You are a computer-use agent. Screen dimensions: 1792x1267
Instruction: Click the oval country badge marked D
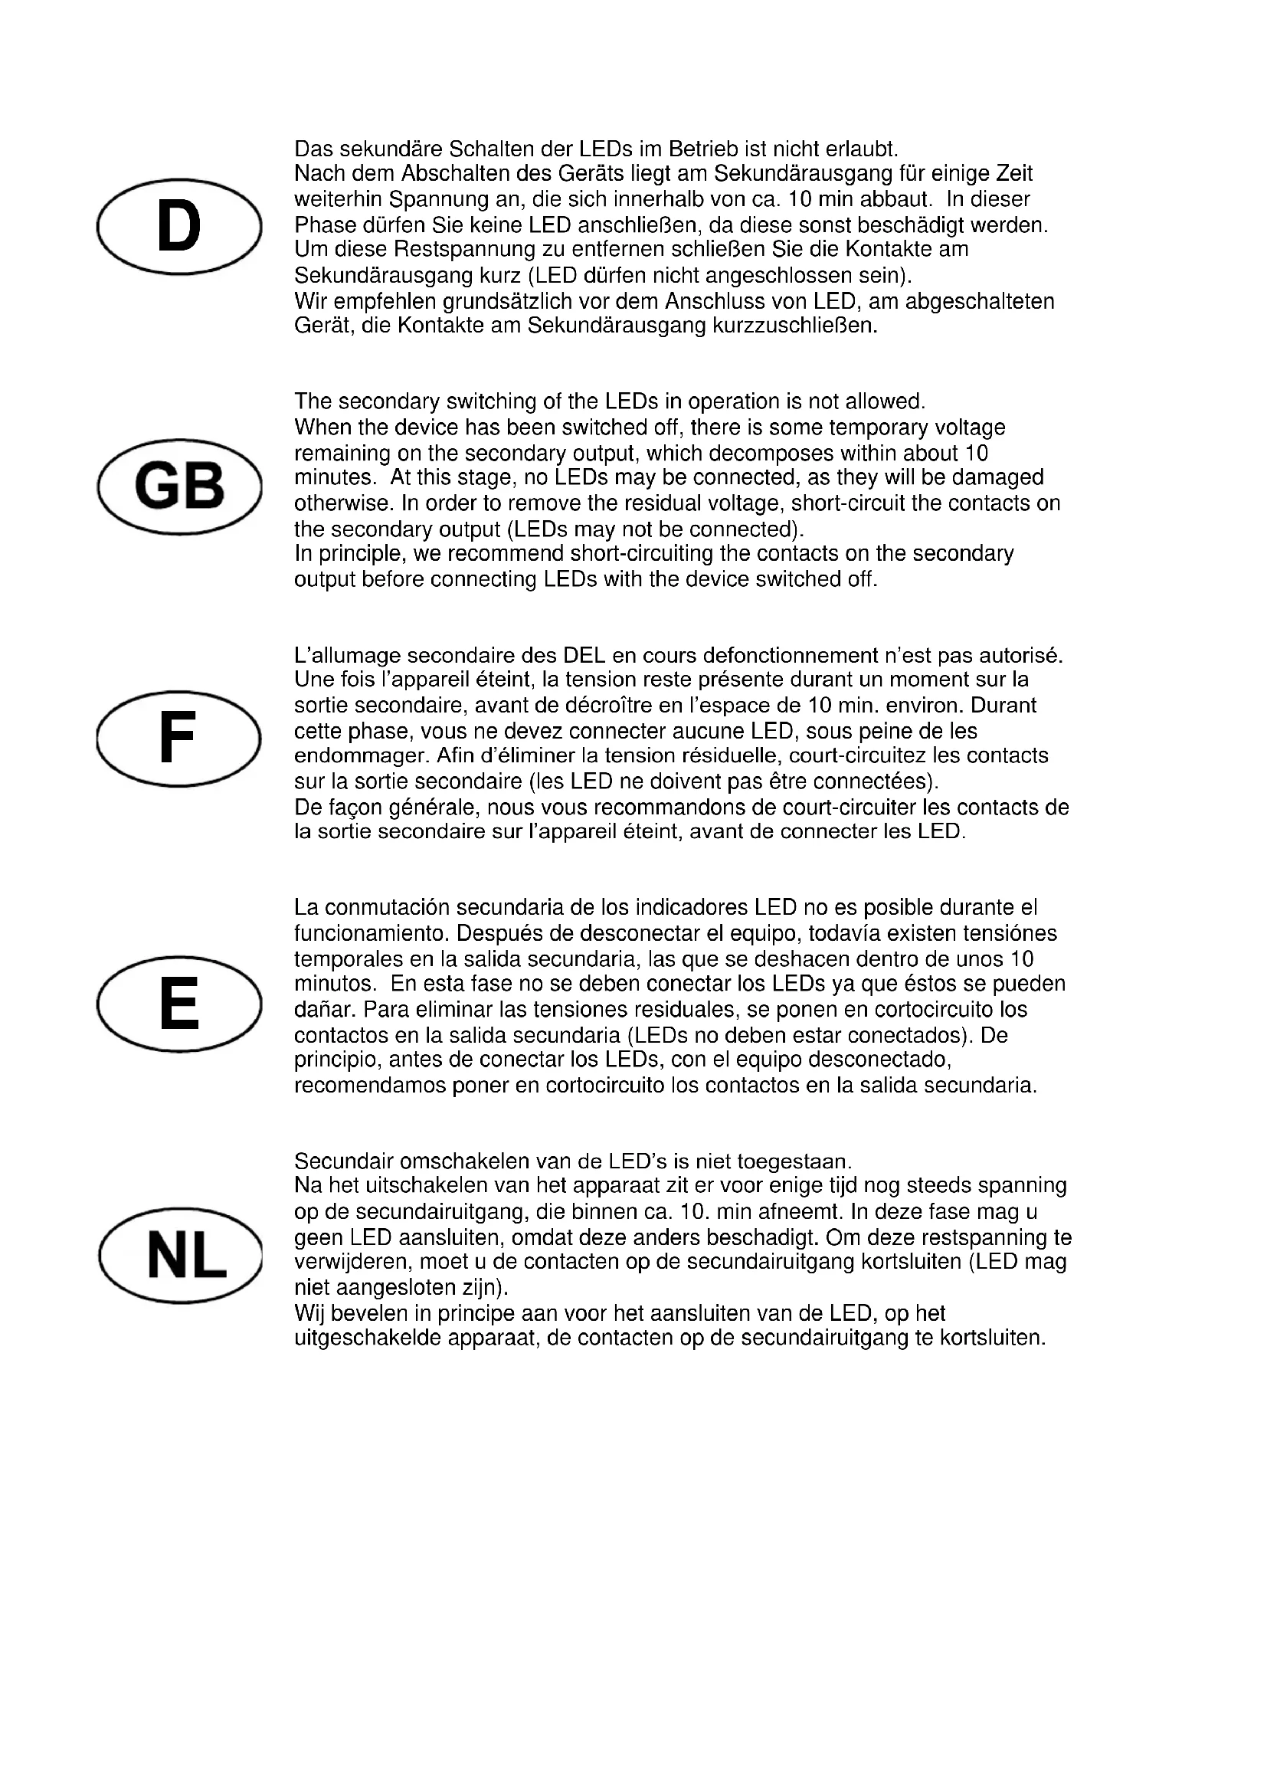click(x=178, y=226)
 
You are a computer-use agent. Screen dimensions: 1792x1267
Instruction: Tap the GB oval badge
click(x=179, y=486)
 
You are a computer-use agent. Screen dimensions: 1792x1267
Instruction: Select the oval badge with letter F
click(x=178, y=739)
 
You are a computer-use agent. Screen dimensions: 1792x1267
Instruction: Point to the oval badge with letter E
click(x=178, y=1004)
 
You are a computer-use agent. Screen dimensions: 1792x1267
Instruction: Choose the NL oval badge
click(x=180, y=1256)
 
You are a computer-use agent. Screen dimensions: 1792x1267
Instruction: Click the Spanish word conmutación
click(x=387, y=908)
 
